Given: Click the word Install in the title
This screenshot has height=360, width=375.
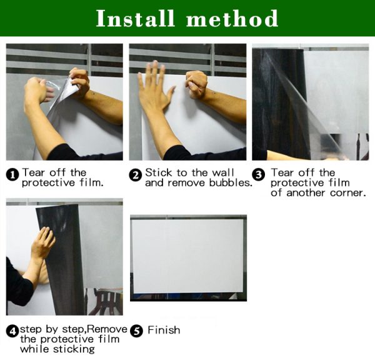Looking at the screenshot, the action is point(135,18).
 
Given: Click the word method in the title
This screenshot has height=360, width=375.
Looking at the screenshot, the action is point(232,18).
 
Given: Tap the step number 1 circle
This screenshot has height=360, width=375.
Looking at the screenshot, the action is point(12,175).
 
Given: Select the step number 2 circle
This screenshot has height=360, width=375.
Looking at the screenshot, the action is point(136,175).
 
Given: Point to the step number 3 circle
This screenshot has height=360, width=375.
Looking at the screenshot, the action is point(259,174).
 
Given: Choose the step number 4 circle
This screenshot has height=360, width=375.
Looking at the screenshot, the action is point(12,331).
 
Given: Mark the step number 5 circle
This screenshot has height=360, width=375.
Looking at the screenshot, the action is point(136,331).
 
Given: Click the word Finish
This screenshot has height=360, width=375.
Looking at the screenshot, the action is point(164,330).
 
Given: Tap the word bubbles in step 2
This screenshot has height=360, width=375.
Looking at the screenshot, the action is point(231,182).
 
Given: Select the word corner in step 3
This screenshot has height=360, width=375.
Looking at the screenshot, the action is point(348,193).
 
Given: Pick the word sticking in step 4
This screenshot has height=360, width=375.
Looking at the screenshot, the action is point(74,349).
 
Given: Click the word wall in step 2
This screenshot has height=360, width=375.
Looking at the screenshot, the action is point(223,172).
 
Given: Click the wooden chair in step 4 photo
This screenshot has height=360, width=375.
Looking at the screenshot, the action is point(104,301).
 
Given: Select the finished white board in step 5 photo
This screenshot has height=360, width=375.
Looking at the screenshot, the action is point(188,256).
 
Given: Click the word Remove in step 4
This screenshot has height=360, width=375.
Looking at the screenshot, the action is point(107,329).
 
